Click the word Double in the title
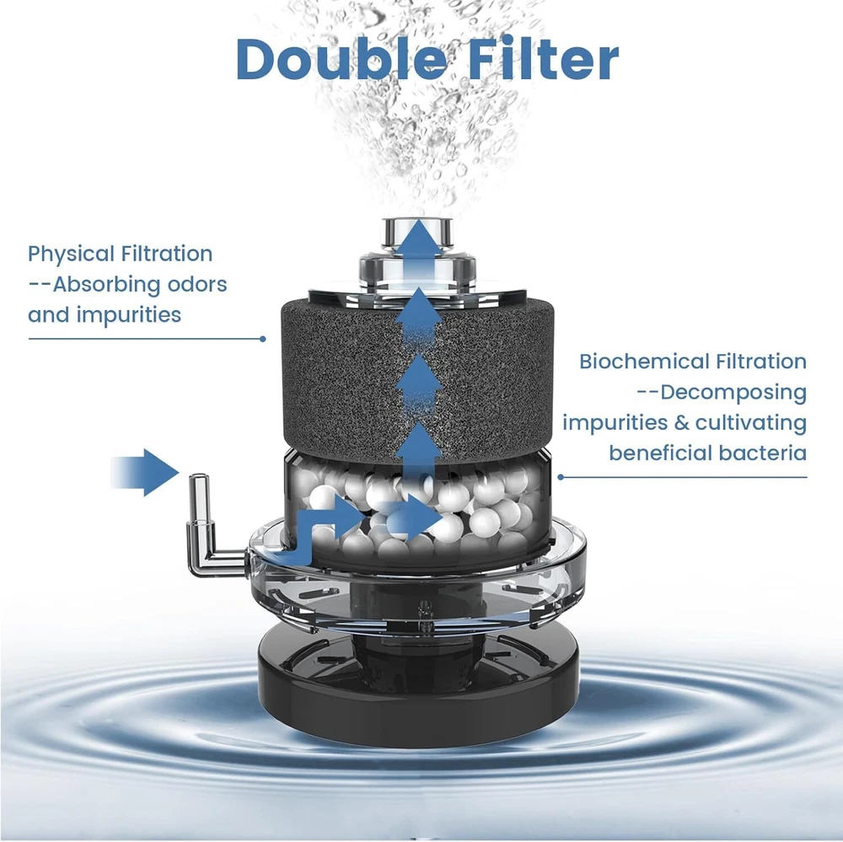[341, 59]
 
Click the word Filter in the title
[544, 59]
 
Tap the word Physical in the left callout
[71, 255]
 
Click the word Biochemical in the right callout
[640, 362]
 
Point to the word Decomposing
[733, 393]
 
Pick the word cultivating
[751, 423]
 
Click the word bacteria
[763, 453]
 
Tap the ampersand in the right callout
[681, 422]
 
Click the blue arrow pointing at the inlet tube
[144, 473]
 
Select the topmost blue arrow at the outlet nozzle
[419, 248]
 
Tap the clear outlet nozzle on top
[417, 253]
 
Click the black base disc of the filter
[419, 694]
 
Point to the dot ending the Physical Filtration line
[262, 339]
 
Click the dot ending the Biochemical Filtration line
[561, 477]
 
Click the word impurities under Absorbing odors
[129, 315]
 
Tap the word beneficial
[660, 453]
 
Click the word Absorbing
[106, 285]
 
